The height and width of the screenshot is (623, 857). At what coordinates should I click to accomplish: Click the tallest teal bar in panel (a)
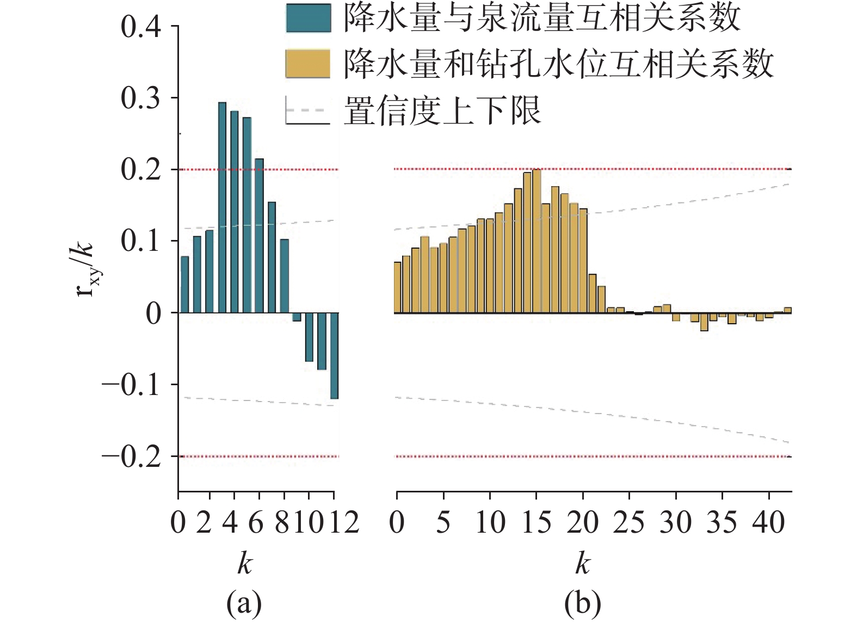pos(222,207)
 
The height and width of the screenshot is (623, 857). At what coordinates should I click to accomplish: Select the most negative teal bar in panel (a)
pos(334,356)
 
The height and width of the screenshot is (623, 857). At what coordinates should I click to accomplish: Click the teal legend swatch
pos(308,18)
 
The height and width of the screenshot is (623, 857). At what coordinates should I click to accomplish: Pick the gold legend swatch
pos(308,64)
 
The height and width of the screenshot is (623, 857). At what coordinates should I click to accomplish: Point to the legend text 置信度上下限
pos(442,110)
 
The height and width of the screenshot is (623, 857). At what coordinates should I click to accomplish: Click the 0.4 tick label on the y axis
pos(141,27)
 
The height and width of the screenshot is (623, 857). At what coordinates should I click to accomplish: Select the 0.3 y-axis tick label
pos(141,98)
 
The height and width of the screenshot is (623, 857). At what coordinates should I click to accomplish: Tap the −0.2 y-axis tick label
pos(132,457)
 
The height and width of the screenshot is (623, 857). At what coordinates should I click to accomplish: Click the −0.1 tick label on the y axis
pos(132,385)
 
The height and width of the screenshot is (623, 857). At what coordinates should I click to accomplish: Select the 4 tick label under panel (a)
pos(230,522)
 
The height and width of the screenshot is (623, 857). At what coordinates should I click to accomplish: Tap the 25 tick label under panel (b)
pos(629,522)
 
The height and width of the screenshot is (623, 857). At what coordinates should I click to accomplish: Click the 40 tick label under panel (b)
pos(769,522)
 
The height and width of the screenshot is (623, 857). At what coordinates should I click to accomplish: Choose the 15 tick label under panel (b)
pos(537,522)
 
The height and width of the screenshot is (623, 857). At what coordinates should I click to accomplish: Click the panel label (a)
pos(244,603)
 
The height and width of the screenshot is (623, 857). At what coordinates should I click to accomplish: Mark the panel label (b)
pos(583,603)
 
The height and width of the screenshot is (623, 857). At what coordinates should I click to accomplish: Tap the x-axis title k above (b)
pos(583,563)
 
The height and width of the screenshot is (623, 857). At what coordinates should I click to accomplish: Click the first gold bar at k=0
pos(397,287)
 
